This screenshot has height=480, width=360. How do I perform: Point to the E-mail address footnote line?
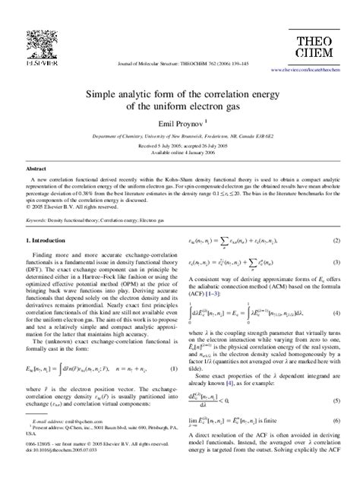69,440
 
